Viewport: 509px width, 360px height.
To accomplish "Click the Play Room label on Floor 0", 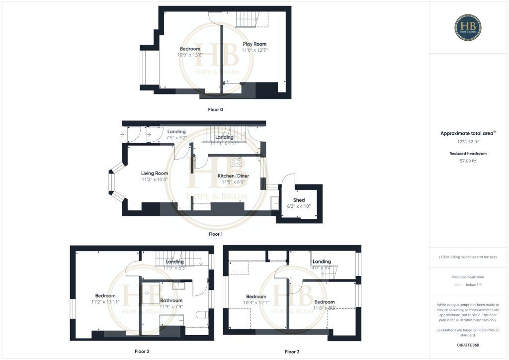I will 254,44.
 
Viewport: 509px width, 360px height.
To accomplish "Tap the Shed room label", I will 299,200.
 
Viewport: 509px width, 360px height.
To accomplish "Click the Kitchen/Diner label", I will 233,176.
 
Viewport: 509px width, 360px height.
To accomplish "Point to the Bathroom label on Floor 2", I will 171,300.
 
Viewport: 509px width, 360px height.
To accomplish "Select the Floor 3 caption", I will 292,352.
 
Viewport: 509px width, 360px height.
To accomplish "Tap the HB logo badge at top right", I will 468,27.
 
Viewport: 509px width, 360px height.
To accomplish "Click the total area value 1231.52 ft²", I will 467,142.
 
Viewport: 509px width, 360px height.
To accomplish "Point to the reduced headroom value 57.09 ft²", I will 467,161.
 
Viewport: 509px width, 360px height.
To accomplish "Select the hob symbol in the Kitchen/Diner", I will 237,161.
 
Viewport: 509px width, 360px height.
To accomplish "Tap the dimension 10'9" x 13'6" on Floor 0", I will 190,55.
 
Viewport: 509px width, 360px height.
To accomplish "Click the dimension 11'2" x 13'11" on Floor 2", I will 105,302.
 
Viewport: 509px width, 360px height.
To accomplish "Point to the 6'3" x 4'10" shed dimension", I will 299,206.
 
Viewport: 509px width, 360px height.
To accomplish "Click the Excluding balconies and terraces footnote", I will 467,257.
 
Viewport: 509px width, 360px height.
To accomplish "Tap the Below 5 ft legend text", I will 473,285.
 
